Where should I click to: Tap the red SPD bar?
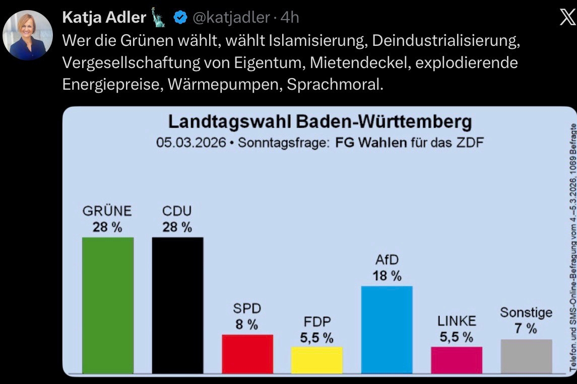[x=247, y=354]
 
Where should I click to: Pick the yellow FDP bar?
[x=317, y=360]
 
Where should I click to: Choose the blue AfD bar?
[x=387, y=330]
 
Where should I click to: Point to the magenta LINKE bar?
[x=457, y=360]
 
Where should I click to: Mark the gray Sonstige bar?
[x=526, y=356]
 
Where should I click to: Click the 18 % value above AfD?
[x=387, y=276]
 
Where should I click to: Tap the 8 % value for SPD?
[x=247, y=325]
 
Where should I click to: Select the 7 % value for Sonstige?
[x=526, y=329]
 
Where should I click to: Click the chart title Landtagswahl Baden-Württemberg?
[x=320, y=122]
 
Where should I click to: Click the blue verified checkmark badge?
[x=180, y=18]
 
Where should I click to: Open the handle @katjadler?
[x=231, y=18]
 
